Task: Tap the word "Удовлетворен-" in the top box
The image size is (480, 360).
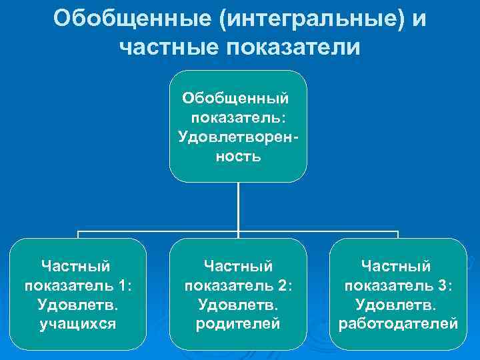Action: click(x=238, y=137)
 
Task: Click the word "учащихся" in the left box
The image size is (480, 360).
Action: click(x=78, y=324)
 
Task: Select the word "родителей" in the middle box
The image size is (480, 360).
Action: click(x=238, y=324)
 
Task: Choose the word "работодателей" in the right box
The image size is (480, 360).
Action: click(x=398, y=324)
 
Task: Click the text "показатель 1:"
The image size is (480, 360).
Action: click(x=78, y=285)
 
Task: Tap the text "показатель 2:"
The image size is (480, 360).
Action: click(x=238, y=285)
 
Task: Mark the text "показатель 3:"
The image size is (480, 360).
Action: click(x=398, y=285)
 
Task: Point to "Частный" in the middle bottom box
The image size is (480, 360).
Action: click(x=238, y=266)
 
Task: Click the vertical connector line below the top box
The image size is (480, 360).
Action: click(x=238, y=207)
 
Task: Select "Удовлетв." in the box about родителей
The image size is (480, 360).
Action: click(x=238, y=305)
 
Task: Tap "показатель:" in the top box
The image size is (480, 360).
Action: click(x=238, y=118)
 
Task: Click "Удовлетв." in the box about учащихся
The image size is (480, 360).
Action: click(x=78, y=305)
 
